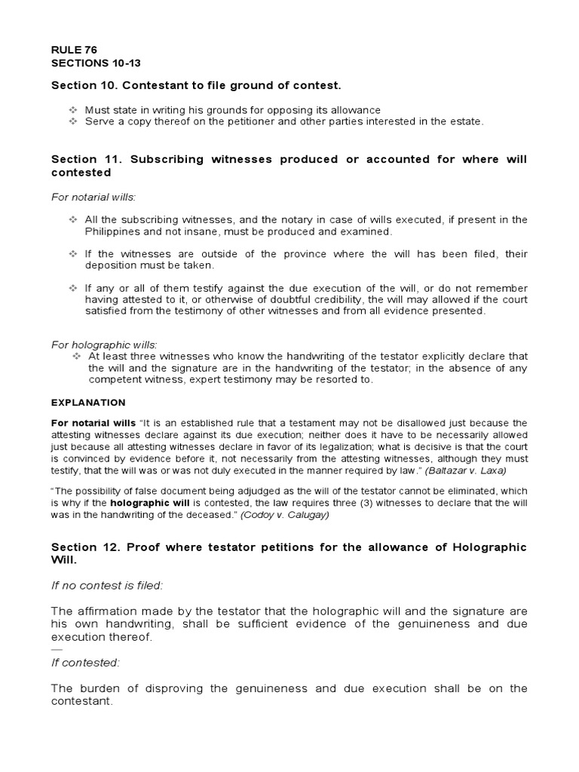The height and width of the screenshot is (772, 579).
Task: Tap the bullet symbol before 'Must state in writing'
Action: [x=73, y=110]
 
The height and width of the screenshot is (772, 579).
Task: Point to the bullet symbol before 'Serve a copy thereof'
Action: [x=73, y=121]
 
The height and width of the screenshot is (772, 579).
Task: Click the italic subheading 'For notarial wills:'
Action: [x=93, y=197]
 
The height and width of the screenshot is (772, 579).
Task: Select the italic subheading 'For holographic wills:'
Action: [x=104, y=345]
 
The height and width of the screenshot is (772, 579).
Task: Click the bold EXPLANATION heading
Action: [x=88, y=403]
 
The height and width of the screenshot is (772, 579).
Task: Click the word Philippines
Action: [x=115, y=231]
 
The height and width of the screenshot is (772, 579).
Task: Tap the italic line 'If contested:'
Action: [x=85, y=663]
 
